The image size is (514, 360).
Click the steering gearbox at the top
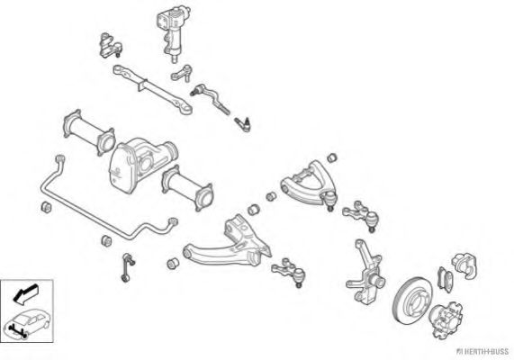pyautogui.click(x=172, y=32)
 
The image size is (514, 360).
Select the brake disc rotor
pyautogui.click(x=412, y=301)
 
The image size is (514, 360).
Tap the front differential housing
pyautogui.click(x=142, y=163)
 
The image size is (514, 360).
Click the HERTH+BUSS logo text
pyautogui.click(x=482, y=352)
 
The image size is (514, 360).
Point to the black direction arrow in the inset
pyautogui.click(x=25, y=293)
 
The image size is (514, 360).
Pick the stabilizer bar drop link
pyautogui.click(x=128, y=267)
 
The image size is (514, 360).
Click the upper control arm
pyautogui.click(x=308, y=184)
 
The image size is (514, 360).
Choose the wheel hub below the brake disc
pyautogui.click(x=446, y=319)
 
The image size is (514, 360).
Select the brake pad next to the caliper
pyautogui.click(x=446, y=279)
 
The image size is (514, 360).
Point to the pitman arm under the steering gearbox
pyautogui.click(x=181, y=75)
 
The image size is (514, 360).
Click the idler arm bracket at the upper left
pyautogui.click(x=110, y=46)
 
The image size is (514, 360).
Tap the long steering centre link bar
pyautogui.click(x=152, y=87)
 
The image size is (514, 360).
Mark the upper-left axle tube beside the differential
pyautogui.click(x=88, y=131)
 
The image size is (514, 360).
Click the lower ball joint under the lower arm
pyautogui.click(x=288, y=272)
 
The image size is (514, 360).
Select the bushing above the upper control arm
pyautogui.click(x=332, y=157)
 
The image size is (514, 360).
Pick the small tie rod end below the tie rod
pyautogui.click(x=243, y=124)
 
